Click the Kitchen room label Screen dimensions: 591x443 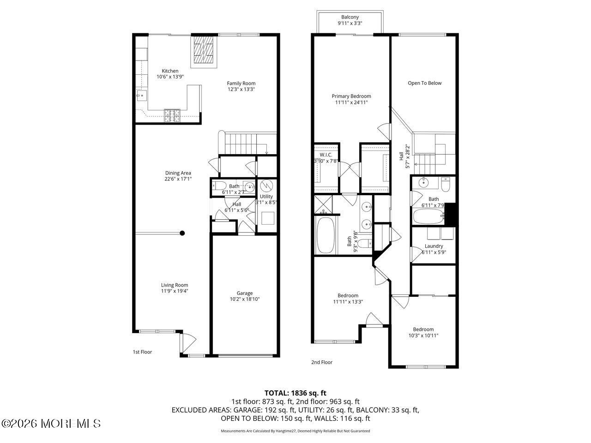pyautogui.click(x=170, y=71)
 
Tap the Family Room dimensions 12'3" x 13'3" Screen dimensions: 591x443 pyautogui.click(x=241, y=90)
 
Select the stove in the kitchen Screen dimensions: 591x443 pyautogui.click(x=172, y=116)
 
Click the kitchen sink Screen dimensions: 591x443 pyautogui.click(x=142, y=95)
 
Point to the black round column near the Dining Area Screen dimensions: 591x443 pyautogui.click(x=182, y=233)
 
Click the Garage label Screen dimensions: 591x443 pyautogui.click(x=244, y=293)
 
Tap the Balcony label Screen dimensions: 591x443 pyautogui.click(x=350, y=17)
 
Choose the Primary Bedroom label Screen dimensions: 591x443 pyautogui.click(x=351, y=96)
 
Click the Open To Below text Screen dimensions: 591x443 pyautogui.click(x=424, y=83)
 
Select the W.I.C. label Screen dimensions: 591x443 pyautogui.click(x=326, y=155)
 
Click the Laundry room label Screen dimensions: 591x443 pyautogui.click(x=434, y=246)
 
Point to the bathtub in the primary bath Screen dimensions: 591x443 pyautogui.click(x=326, y=235)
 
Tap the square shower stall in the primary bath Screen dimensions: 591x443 pyautogui.click(x=324, y=204)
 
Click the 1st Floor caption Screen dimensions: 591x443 pyautogui.click(x=142, y=352)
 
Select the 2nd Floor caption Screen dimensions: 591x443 pyautogui.click(x=322, y=362)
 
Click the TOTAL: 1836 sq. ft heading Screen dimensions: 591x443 pyautogui.click(x=295, y=393)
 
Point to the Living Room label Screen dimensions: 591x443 pyautogui.click(x=175, y=285)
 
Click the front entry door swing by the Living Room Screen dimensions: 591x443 pyautogui.click(x=189, y=343)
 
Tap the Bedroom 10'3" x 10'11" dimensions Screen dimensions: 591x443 pyautogui.click(x=423, y=335)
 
